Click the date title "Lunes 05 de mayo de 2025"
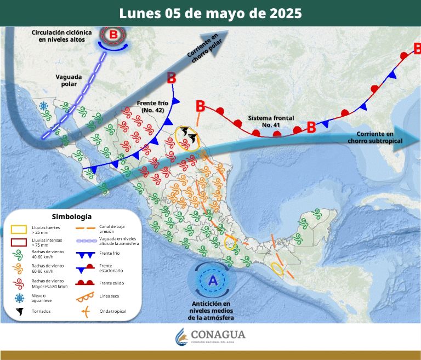pos(210,13)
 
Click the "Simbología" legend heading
pos(71,216)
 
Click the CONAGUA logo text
pos(218,334)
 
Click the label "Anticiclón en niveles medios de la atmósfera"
pos(212,311)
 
